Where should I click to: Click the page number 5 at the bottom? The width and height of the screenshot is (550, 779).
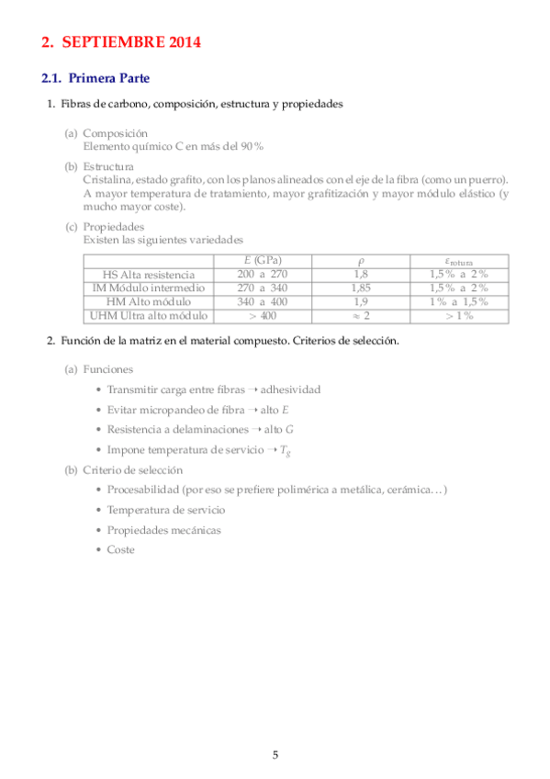click(275, 754)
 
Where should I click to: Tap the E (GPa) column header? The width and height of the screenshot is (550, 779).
click(262, 261)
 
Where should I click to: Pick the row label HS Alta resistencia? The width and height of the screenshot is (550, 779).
click(150, 275)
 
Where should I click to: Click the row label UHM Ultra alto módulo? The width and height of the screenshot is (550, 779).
click(149, 315)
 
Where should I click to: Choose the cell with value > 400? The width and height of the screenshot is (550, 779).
click(262, 315)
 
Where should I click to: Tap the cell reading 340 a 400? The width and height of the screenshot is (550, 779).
click(262, 301)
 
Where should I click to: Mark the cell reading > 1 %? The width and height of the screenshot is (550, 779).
click(458, 315)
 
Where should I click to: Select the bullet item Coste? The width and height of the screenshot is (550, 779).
click(120, 549)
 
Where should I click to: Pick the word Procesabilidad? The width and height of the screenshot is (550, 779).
click(142, 490)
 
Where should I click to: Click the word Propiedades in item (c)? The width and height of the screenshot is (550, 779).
click(114, 226)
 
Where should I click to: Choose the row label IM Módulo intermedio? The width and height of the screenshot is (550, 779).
click(150, 288)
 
